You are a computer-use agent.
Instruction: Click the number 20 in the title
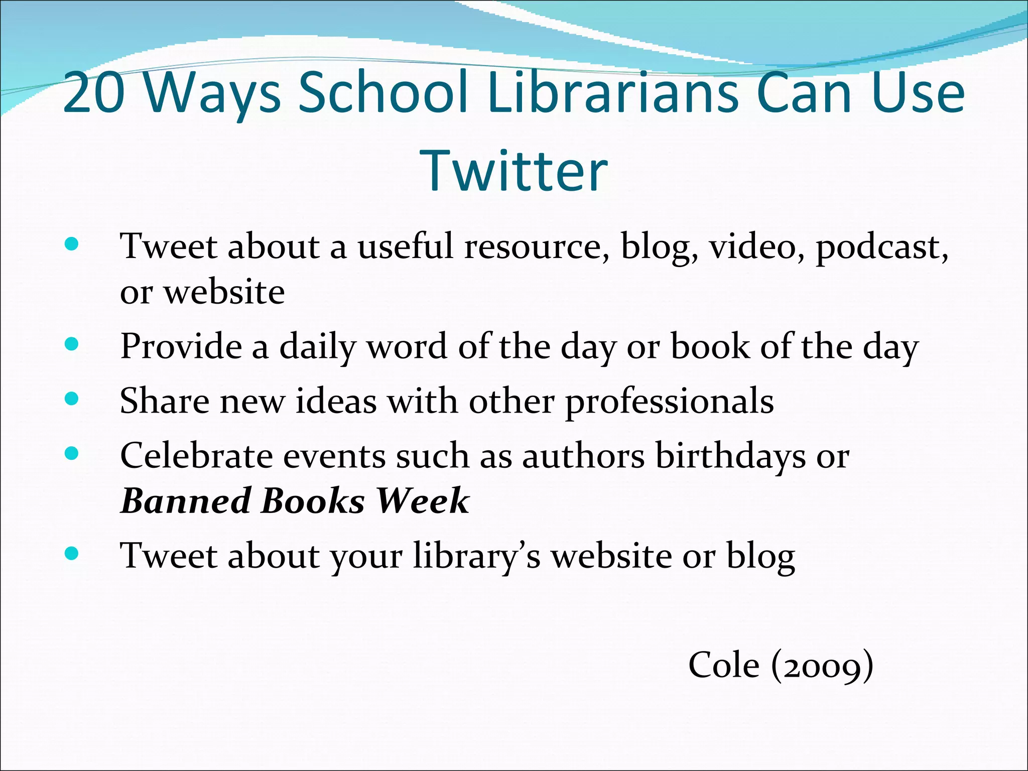pyautogui.click(x=94, y=92)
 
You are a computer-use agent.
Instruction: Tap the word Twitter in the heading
pyautogui.click(x=514, y=171)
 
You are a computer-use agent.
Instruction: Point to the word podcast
pyautogui.click(x=881, y=247)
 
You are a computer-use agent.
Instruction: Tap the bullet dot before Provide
pyautogui.click(x=72, y=344)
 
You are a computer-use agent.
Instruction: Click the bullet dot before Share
pyautogui.click(x=72, y=399)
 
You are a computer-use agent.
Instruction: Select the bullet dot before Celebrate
pyautogui.click(x=72, y=453)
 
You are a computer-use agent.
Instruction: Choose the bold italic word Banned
pyautogui.click(x=186, y=501)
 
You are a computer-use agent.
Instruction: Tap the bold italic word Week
pyautogui.click(x=423, y=501)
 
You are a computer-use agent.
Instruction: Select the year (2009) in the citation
pyautogui.click(x=822, y=666)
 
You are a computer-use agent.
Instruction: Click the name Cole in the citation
pyautogui.click(x=723, y=665)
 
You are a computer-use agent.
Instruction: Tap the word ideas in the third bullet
pyautogui.click(x=336, y=402)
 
